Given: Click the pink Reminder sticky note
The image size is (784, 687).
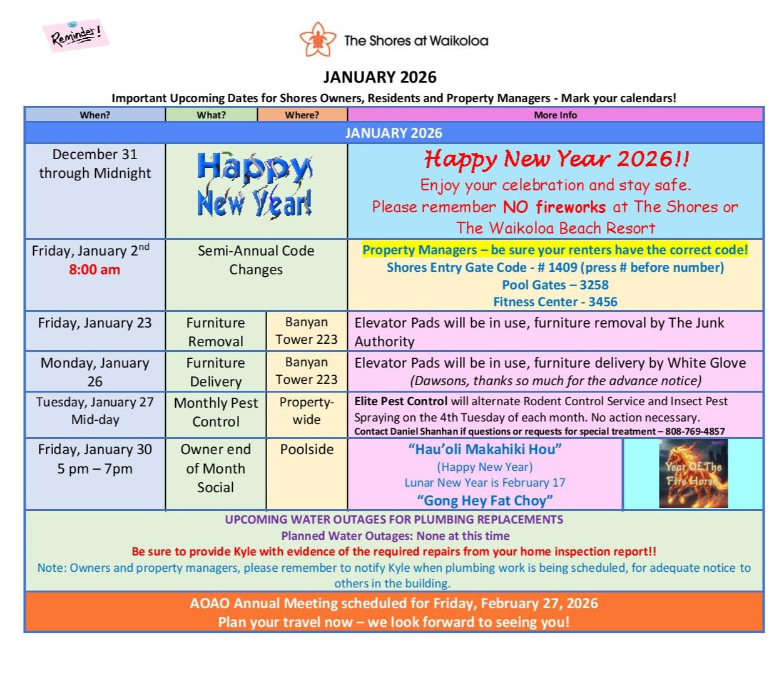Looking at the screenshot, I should pos(76,35).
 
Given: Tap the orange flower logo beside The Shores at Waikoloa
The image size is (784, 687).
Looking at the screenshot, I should pos(318,40).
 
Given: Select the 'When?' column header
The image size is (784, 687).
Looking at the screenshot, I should pos(94,115).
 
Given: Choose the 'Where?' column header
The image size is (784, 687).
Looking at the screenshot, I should pos(302,115).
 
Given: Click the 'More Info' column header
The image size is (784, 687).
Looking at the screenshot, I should pos(555,115).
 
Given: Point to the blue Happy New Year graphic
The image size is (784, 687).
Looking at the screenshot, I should pos(255,185).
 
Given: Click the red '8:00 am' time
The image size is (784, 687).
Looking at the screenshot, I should pos(94,270).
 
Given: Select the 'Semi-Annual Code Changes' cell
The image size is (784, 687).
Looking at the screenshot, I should pos(256,260).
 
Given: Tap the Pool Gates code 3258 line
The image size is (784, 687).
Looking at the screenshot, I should pos(555,285).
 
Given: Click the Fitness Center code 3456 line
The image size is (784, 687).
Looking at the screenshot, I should pos(555,302).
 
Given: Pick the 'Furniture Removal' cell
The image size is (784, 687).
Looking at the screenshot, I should pos(215,332).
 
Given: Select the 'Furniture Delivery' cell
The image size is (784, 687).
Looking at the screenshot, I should pos(215,372).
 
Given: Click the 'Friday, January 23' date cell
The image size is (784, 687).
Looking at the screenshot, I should pos(94,323).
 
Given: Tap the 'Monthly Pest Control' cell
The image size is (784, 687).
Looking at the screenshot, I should pos(215,412).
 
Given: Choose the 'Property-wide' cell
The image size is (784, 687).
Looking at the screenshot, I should pos(307,411).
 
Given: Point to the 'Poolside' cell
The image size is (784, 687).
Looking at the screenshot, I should pos(307,449).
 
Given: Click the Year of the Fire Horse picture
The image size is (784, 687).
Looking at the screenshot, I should pos(693,473).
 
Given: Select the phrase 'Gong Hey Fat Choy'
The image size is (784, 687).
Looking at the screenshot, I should pos(485,500).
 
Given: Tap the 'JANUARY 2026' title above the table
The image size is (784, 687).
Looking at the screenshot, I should pos(380,77).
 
